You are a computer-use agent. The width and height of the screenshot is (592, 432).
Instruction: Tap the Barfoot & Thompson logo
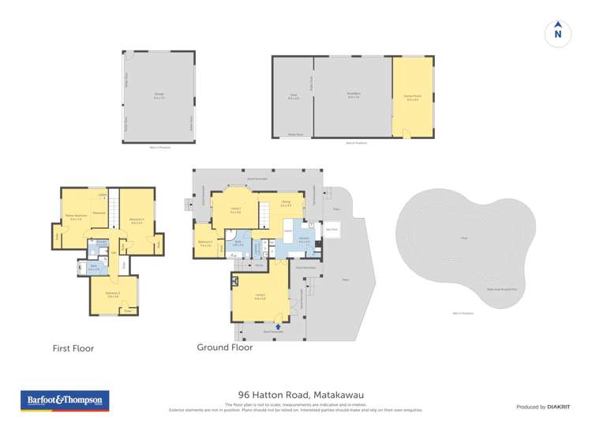(x=64, y=400)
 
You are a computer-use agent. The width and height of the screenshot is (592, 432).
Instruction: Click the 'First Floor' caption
(x=73, y=347)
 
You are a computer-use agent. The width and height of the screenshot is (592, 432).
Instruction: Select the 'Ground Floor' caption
(x=224, y=347)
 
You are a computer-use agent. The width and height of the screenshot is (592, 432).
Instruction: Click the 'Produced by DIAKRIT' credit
(x=543, y=407)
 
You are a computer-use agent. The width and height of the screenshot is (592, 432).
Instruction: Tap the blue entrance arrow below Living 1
(x=278, y=325)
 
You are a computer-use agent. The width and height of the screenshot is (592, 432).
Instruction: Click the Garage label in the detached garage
(x=159, y=96)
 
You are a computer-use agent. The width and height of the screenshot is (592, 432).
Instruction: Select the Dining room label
(x=286, y=202)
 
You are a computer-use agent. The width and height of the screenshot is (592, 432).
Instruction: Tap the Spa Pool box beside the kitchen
(x=332, y=231)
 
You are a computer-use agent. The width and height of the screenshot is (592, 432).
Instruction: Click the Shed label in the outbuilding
(x=293, y=96)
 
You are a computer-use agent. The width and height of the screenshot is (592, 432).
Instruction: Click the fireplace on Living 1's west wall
(x=234, y=280)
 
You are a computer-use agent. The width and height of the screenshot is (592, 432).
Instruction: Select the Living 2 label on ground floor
(x=235, y=210)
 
